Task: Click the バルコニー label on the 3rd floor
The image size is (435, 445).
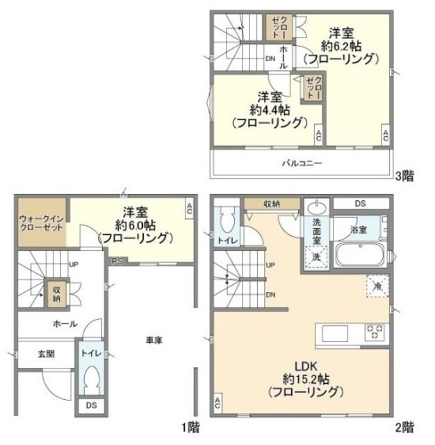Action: pyautogui.click(x=302, y=164)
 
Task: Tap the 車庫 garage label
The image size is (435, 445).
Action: pyautogui.click(x=155, y=340)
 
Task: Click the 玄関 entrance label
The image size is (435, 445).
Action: pyautogui.click(x=46, y=353)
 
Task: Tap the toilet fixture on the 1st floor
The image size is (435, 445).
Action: pyautogui.click(x=89, y=380)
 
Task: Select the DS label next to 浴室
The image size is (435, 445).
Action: pyautogui.click(x=360, y=204)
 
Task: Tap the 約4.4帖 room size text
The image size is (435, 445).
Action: pyautogui.click(x=271, y=110)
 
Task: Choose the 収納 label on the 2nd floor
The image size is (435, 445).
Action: pyautogui.click(x=271, y=204)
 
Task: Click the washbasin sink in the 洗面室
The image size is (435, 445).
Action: pyautogui.click(x=317, y=207)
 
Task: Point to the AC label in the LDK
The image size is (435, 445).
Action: pyautogui.click(x=218, y=403)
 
